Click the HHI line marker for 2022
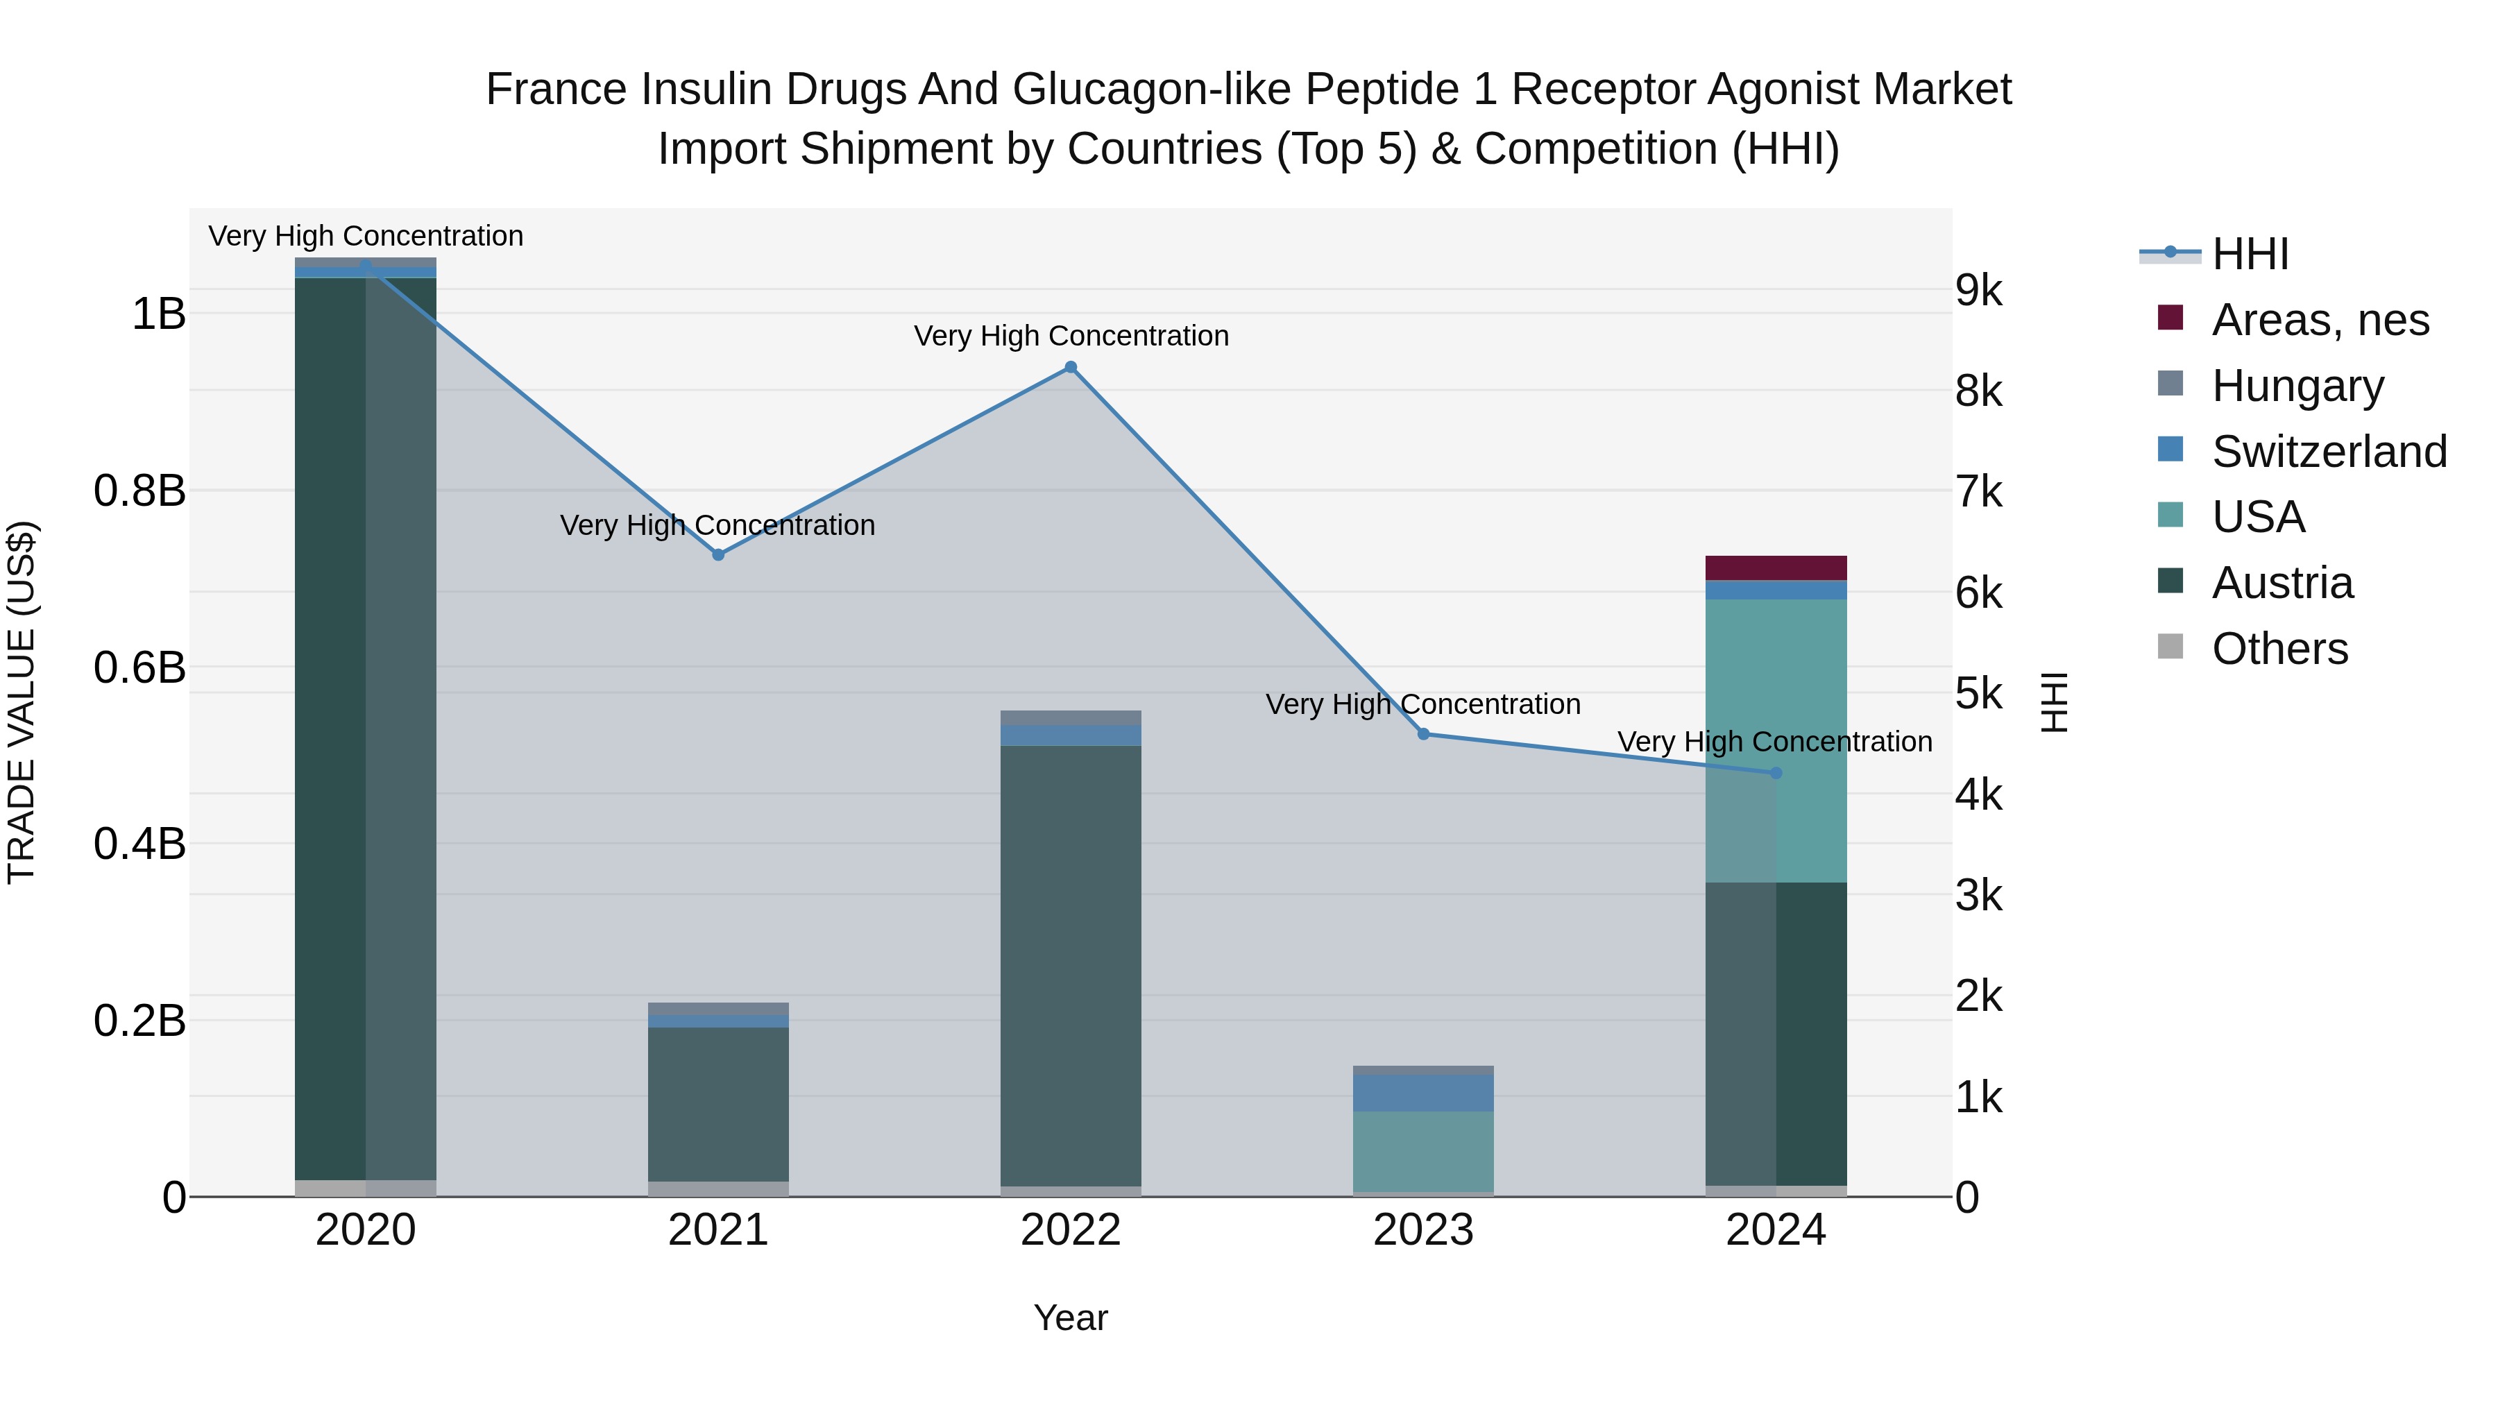(1071, 368)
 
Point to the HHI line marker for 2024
(1776, 773)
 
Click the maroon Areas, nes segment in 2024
(1776, 568)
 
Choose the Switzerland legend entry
(2327, 452)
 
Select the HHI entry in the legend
(2250, 254)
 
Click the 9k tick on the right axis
(1978, 290)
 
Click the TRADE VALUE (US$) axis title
(22, 702)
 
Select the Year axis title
(1071, 1318)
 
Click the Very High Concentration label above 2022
(1071, 336)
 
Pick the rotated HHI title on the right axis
(2053, 702)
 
